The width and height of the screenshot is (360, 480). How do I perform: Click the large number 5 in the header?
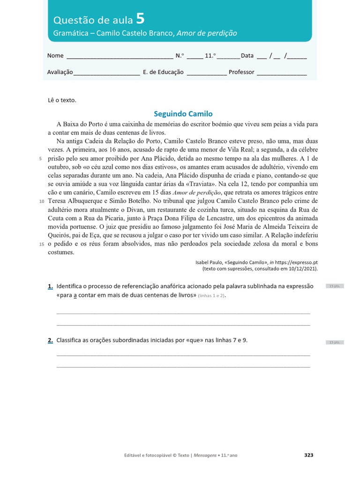(x=140, y=19)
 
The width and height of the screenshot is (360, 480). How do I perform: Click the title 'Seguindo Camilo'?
(x=183, y=114)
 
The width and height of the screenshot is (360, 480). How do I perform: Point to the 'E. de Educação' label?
(x=163, y=72)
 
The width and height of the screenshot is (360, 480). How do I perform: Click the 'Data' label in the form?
(x=247, y=56)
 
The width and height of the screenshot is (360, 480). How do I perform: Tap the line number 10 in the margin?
(x=41, y=201)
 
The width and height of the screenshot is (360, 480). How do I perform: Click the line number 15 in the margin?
(x=41, y=244)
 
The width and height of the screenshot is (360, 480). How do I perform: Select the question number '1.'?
(x=50, y=286)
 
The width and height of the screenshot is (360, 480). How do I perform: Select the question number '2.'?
(x=50, y=340)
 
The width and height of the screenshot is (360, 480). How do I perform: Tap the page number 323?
(x=308, y=455)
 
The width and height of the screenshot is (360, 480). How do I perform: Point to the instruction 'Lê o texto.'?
(x=61, y=100)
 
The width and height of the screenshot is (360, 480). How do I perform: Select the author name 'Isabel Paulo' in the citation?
(x=210, y=263)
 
